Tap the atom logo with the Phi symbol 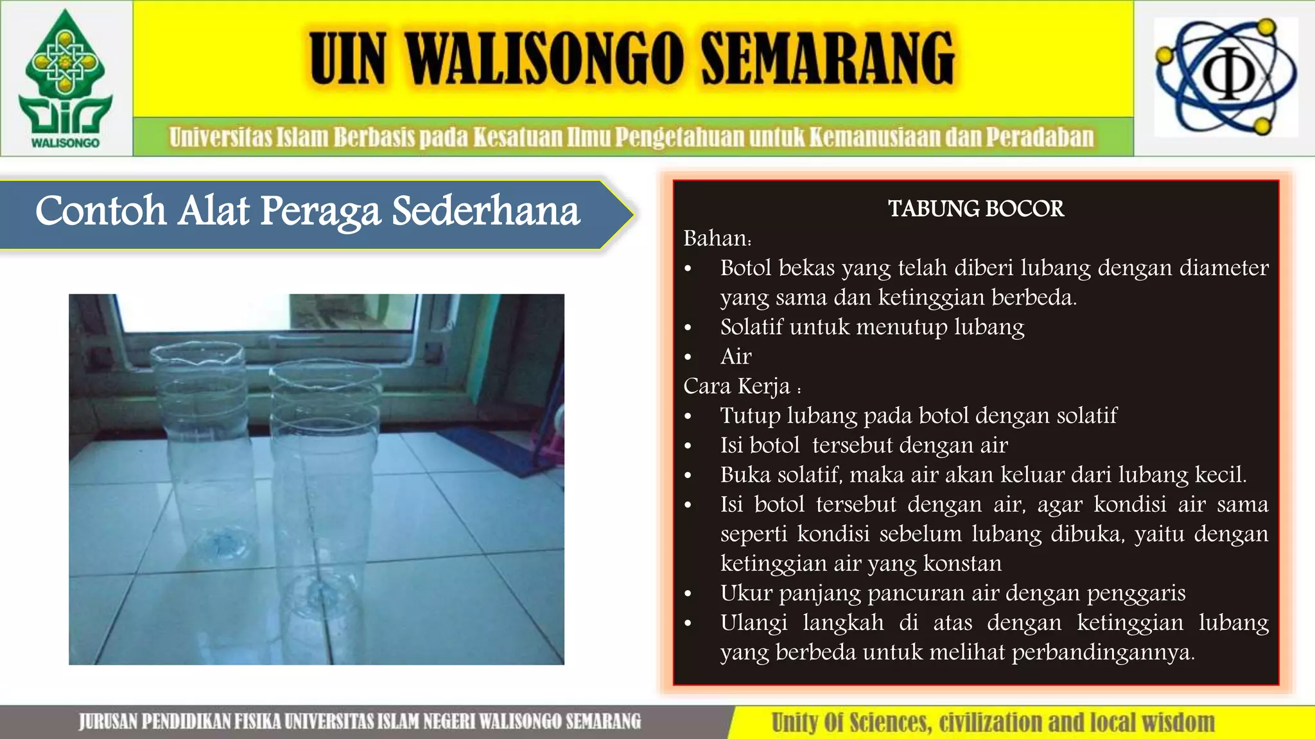pos(1226,77)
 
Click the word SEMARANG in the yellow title pos(828,59)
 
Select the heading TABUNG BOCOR pos(975,209)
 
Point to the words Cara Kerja pos(737,386)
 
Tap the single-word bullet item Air pos(736,357)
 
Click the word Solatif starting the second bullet pos(751,327)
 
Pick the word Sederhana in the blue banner pos(486,211)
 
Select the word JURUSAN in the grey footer pos(107,722)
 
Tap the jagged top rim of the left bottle pos(197,352)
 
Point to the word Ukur pos(745,593)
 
